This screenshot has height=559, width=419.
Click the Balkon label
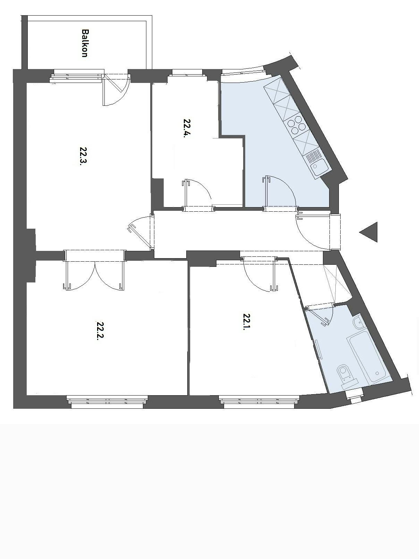(84, 43)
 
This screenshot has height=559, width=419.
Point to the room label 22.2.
(100, 331)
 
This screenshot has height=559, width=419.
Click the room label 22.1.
(247, 322)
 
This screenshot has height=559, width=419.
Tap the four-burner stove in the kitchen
(296, 125)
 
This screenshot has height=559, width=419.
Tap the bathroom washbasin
(358, 323)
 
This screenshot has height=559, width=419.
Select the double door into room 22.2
(94, 274)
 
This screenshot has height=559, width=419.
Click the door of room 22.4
(198, 194)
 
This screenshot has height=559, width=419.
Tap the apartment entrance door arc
(312, 232)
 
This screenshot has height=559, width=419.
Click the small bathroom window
(354, 395)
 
